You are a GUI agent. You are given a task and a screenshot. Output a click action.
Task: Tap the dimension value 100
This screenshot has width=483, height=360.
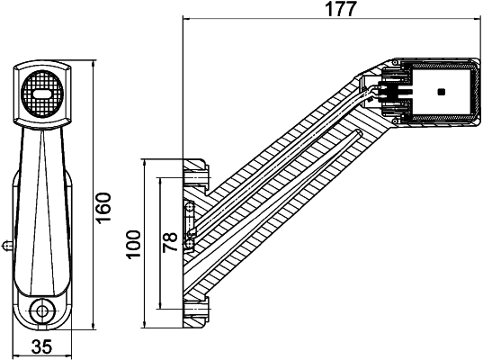tap(134, 244)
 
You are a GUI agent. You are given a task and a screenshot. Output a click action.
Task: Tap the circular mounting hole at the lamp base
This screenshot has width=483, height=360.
tap(40, 311)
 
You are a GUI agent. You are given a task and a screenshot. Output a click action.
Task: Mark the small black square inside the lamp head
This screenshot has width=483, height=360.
tap(440, 92)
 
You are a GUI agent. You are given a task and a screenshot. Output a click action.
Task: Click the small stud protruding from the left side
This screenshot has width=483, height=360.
tap(6, 242)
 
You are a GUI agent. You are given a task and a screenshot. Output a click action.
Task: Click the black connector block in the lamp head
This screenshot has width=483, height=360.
tap(394, 93)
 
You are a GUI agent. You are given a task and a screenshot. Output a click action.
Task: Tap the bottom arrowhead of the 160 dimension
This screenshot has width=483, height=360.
tap(94, 325)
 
